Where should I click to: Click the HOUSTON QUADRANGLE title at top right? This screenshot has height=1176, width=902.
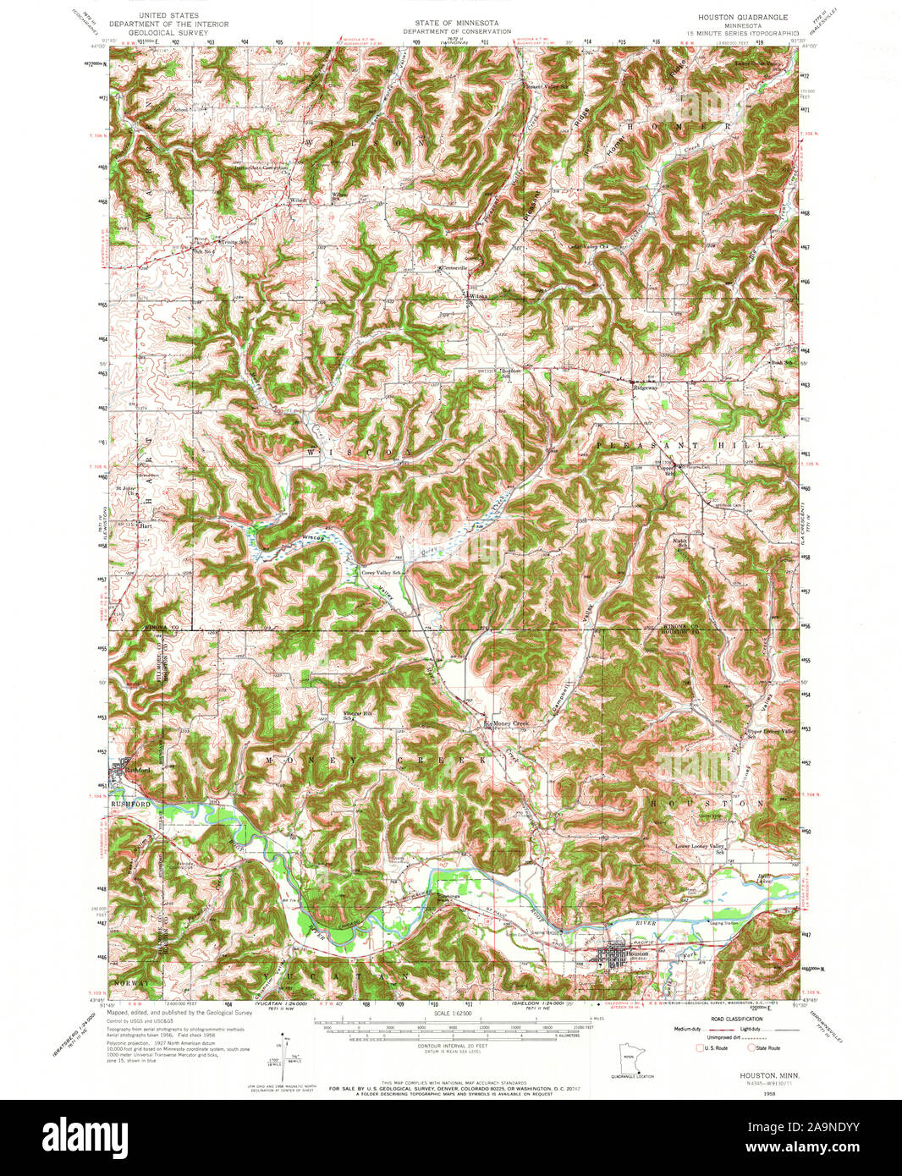(742, 17)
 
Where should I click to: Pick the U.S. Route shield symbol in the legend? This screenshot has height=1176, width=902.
(699, 1047)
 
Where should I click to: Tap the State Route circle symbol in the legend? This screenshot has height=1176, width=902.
(749, 1047)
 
